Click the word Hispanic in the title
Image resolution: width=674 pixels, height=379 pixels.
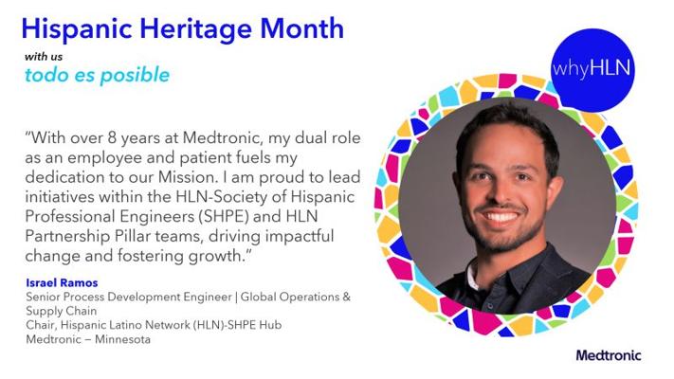[77, 28]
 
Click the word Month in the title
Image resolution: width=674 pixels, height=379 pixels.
[301, 27]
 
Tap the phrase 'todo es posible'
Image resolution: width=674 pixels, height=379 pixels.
[97, 75]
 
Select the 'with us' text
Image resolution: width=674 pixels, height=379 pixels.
[44, 57]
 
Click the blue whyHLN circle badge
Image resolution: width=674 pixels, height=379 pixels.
[592, 69]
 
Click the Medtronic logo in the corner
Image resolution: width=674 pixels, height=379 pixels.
[609, 355]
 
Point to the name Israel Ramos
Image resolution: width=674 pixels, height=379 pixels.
[62, 282]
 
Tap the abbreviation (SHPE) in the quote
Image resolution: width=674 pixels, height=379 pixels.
[224, 216]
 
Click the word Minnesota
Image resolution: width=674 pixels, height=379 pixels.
[122, 339]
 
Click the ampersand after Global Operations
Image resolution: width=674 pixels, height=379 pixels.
[346, 297]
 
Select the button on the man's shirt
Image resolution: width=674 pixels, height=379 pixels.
[490, 306]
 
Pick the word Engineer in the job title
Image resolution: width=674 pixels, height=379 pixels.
[208, 298]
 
